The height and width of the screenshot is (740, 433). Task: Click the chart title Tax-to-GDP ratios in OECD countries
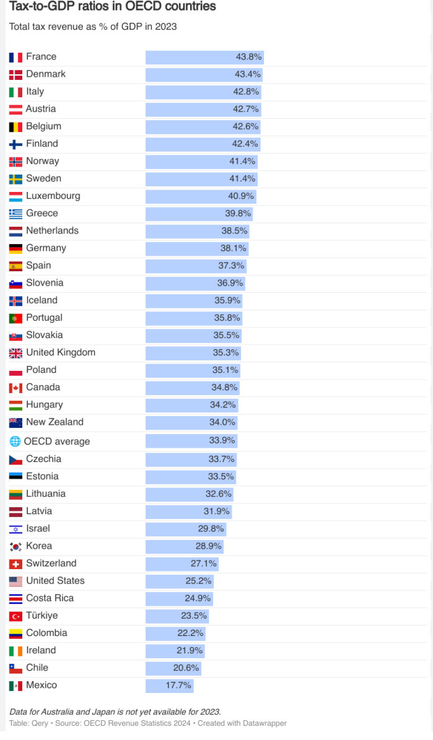click(112, 7)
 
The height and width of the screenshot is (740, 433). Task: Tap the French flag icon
click(15, 57)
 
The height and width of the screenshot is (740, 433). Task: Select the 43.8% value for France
click(248, 56)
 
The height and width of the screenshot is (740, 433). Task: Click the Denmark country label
click(46, 74)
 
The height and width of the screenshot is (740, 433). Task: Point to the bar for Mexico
click(170, 686)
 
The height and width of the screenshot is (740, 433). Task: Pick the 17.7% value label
click(178, 686)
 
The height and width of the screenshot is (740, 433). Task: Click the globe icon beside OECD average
click(15, 442)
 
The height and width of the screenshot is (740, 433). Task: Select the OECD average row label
click(56, 442)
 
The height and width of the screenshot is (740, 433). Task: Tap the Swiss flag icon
click(15, 564)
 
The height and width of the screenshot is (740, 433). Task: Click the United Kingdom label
click(61, 352)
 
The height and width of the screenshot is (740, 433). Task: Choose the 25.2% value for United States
click(198, 581)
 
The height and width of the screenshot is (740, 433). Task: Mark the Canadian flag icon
click(15, 388)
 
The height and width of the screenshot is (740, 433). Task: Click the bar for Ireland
click(175, 650)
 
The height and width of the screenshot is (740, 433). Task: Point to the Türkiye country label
click(42, 616)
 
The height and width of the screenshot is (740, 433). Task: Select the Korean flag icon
click(15, 547)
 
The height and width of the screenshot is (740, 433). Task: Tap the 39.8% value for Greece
click(238, 213)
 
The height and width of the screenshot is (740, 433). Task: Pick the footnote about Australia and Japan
click(115, 712)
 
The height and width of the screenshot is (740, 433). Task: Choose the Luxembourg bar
click(201, 196)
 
